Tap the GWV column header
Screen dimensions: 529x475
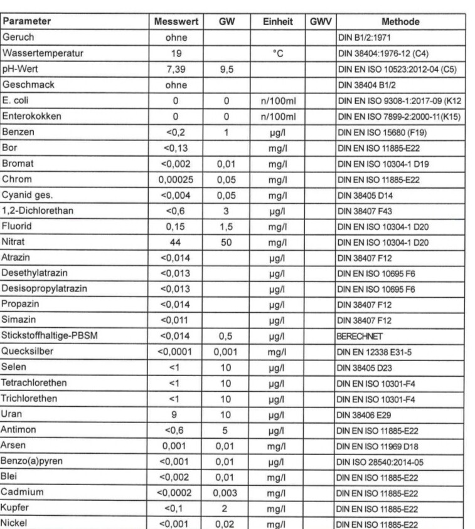[319, 21]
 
